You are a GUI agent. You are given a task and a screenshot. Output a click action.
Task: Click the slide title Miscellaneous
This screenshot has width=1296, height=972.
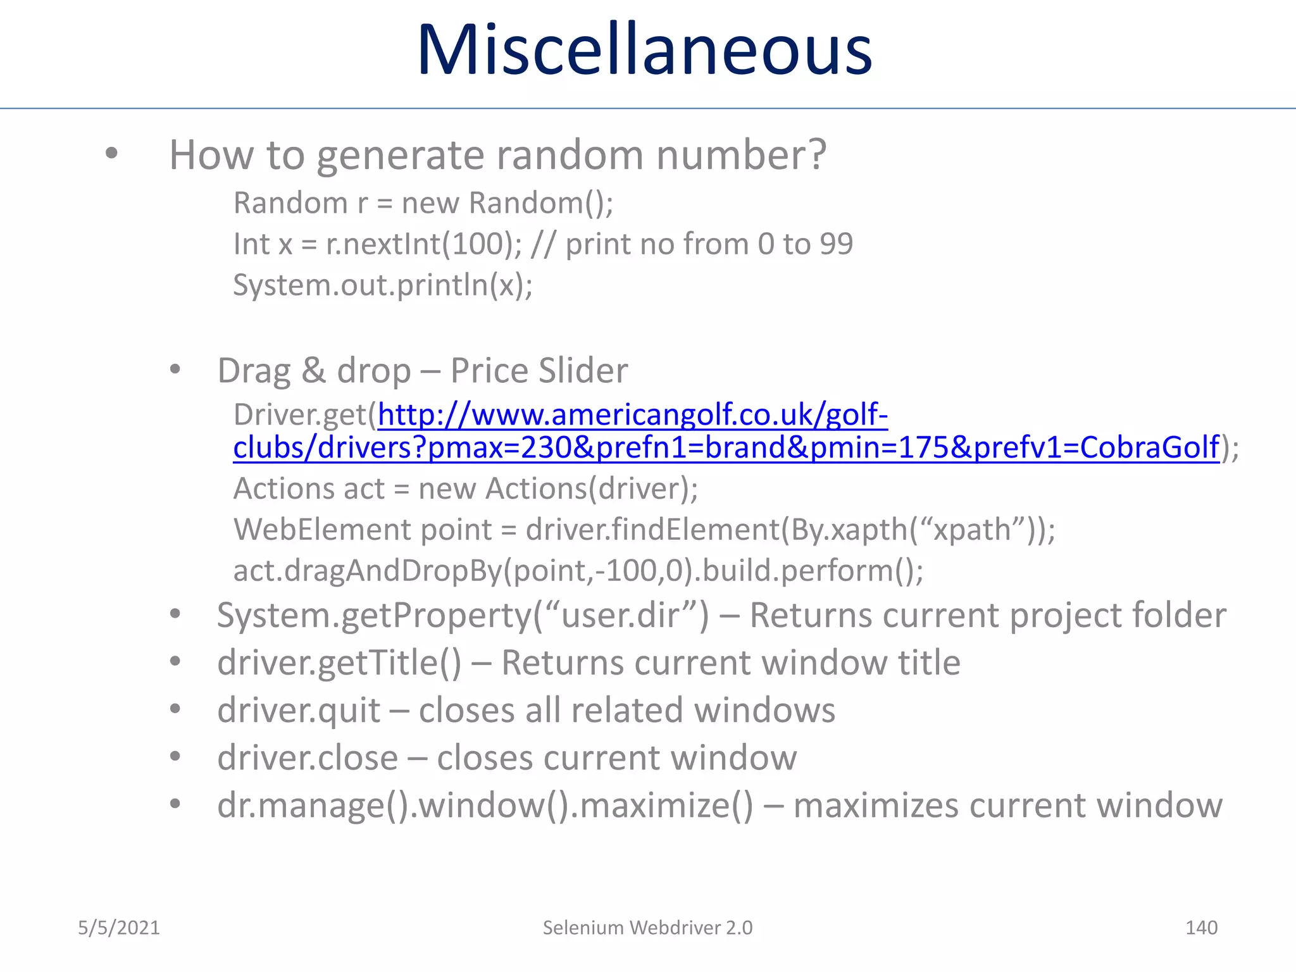pos(644,51)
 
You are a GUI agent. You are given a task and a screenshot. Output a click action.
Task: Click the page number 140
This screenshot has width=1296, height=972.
pos(1200,928)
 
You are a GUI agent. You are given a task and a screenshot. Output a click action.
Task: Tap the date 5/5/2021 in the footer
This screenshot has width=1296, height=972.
pos(119,928)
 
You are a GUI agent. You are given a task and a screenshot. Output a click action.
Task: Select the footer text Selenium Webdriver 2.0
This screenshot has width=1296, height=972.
pos(647,928)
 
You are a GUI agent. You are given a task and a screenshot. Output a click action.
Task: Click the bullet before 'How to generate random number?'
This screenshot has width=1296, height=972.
pos(112,153)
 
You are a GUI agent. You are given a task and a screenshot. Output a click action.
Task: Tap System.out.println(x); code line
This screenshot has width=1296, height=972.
pos(383,285)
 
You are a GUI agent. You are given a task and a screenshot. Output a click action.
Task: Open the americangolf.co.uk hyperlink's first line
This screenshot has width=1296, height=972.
pos(632,415)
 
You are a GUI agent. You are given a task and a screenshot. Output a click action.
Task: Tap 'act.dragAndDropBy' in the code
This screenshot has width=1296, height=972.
pos(367,571)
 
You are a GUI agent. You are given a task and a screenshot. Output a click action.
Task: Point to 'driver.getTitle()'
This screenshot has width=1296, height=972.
pos(339,663)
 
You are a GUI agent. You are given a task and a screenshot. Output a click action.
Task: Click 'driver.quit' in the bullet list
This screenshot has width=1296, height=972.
pos(299,711)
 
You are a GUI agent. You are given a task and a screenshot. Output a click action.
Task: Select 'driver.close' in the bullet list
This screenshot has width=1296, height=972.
pos(308,758)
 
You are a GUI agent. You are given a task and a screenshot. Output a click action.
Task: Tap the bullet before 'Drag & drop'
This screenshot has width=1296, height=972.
pos(175,370)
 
